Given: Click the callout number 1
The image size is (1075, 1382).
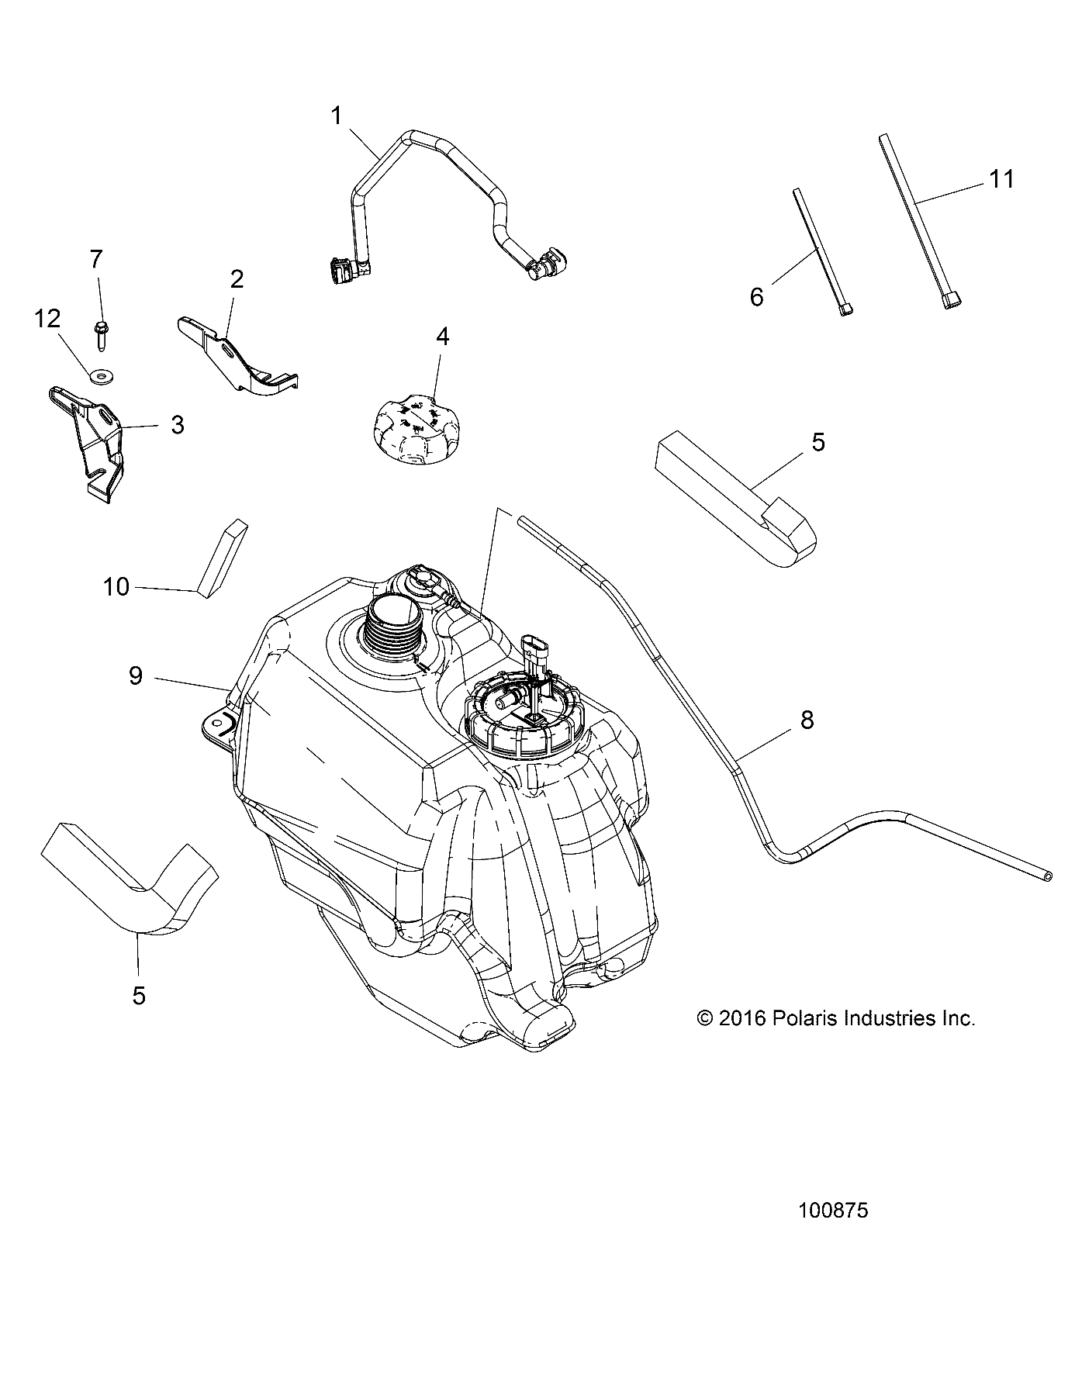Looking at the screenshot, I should (x=336, y=116).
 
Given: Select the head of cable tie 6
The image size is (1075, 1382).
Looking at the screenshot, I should (x=846, y=309).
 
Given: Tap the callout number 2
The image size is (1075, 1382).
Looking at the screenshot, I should (x=237, y=279).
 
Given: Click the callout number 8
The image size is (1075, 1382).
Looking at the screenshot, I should (x=807, y=720).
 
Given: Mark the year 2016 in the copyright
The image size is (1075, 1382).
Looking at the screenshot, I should (x=741, y=1018).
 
